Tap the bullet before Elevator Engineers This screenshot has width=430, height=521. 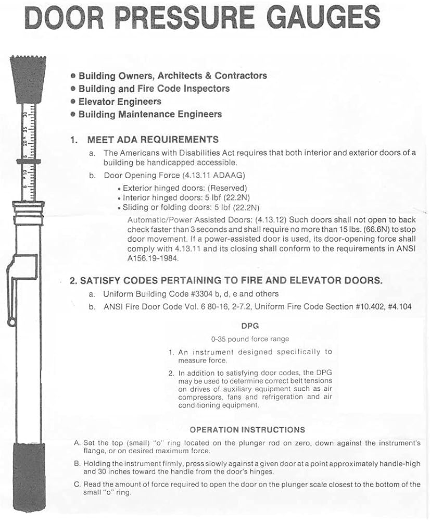[73, 102]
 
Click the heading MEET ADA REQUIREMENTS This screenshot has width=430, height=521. [153, 140]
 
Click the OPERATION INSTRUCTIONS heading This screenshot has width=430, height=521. [247, 430]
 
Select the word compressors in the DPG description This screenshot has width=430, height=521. [199, 396]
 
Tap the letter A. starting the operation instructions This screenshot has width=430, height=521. [77, 443]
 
